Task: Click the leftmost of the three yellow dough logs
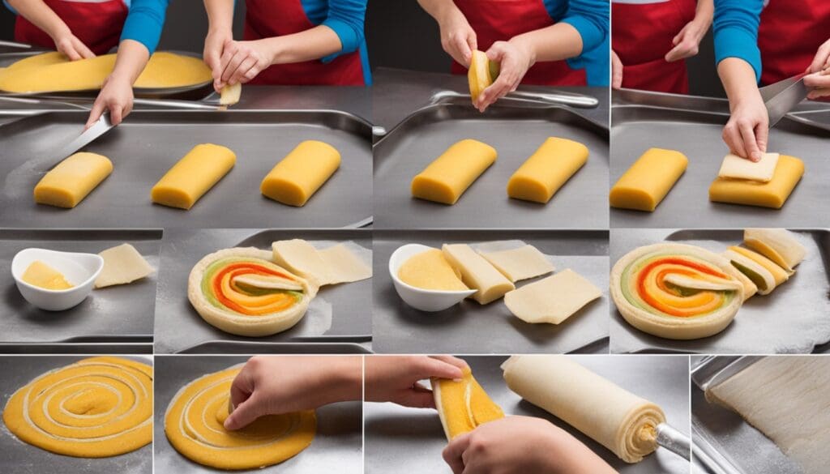point(73,180)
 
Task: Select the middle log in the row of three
point(193,175)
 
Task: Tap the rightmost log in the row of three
point(301,172)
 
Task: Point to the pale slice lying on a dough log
point(748,167)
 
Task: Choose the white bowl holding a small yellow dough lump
point(57,278)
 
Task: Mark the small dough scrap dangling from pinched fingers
point(230,94)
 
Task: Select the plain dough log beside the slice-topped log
point(648,179)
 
